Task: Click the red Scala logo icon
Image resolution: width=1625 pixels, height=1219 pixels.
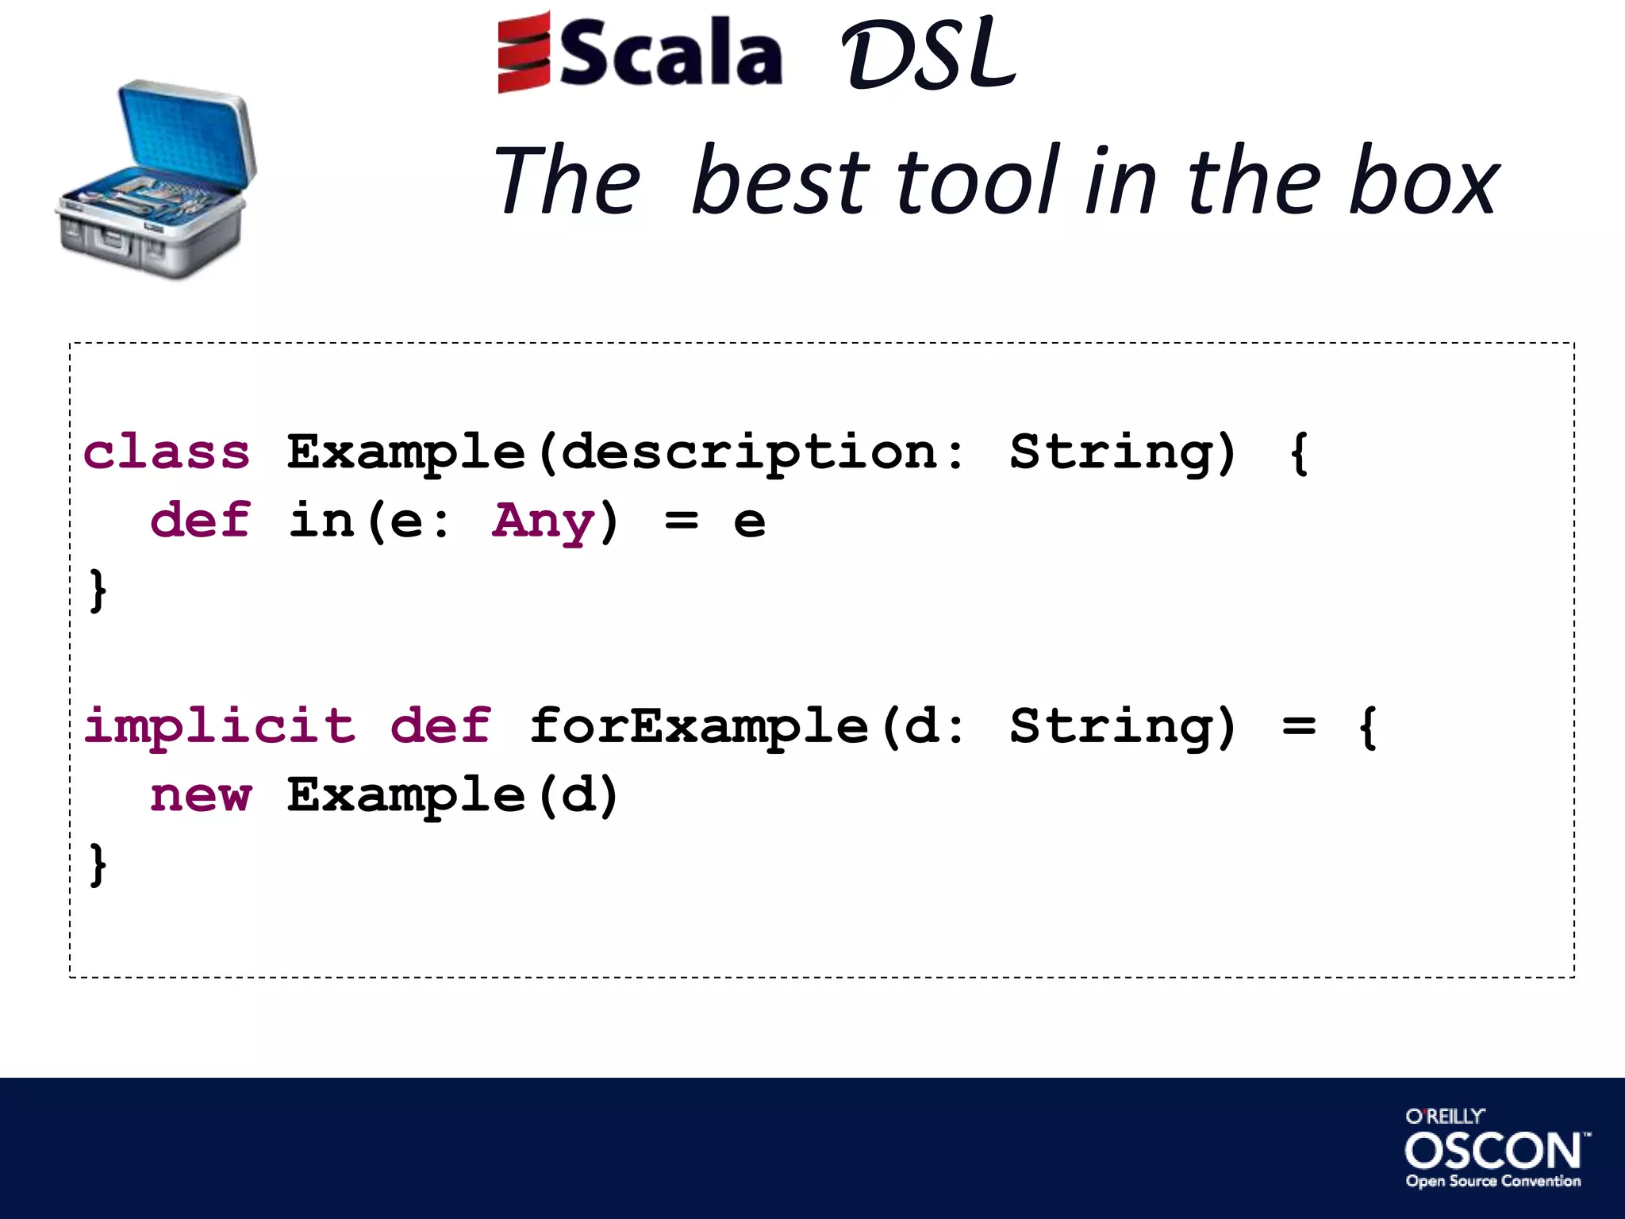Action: pos(524,52)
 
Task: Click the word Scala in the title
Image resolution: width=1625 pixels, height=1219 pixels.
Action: pos(671,54)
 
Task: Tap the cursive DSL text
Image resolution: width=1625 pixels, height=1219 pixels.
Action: pos(928,56)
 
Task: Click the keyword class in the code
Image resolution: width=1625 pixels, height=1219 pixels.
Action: pos(167,452)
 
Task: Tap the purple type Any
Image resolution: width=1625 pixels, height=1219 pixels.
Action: pos(543,522)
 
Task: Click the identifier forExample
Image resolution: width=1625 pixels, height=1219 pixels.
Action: pos(698,727)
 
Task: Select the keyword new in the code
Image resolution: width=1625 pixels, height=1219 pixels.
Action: pos(201,795)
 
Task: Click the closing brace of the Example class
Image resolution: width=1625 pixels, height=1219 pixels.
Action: pos(98,590)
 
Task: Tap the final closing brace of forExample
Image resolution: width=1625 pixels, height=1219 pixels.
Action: pos(98,864)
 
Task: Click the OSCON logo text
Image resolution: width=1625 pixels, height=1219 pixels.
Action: pos(1492,1150)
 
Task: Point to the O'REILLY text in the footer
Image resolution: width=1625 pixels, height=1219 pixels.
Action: pos(1444,1116)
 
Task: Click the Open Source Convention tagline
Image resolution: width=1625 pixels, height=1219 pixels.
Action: pos(1492,1181)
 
